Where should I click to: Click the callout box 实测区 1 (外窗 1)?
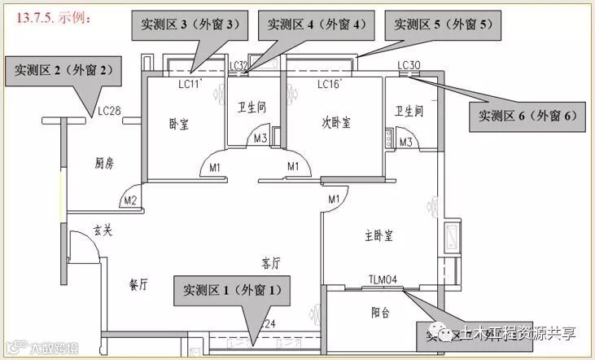[x=232, y=289]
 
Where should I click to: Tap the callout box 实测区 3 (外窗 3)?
[x=190, y=25]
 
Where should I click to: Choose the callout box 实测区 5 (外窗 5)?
[x=444, y=25]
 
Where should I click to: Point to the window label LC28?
[x=108, y=111]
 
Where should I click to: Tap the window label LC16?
[x=327, y=84]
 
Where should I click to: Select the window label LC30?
[x=409, y=65]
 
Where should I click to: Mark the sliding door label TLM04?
[x=383, y=279]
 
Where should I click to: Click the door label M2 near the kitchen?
[x=129, y=200]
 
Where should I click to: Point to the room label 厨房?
[x=104, y=164]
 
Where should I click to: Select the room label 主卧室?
[x=378, y=236]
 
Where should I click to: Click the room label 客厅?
[x=270, y=263]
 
